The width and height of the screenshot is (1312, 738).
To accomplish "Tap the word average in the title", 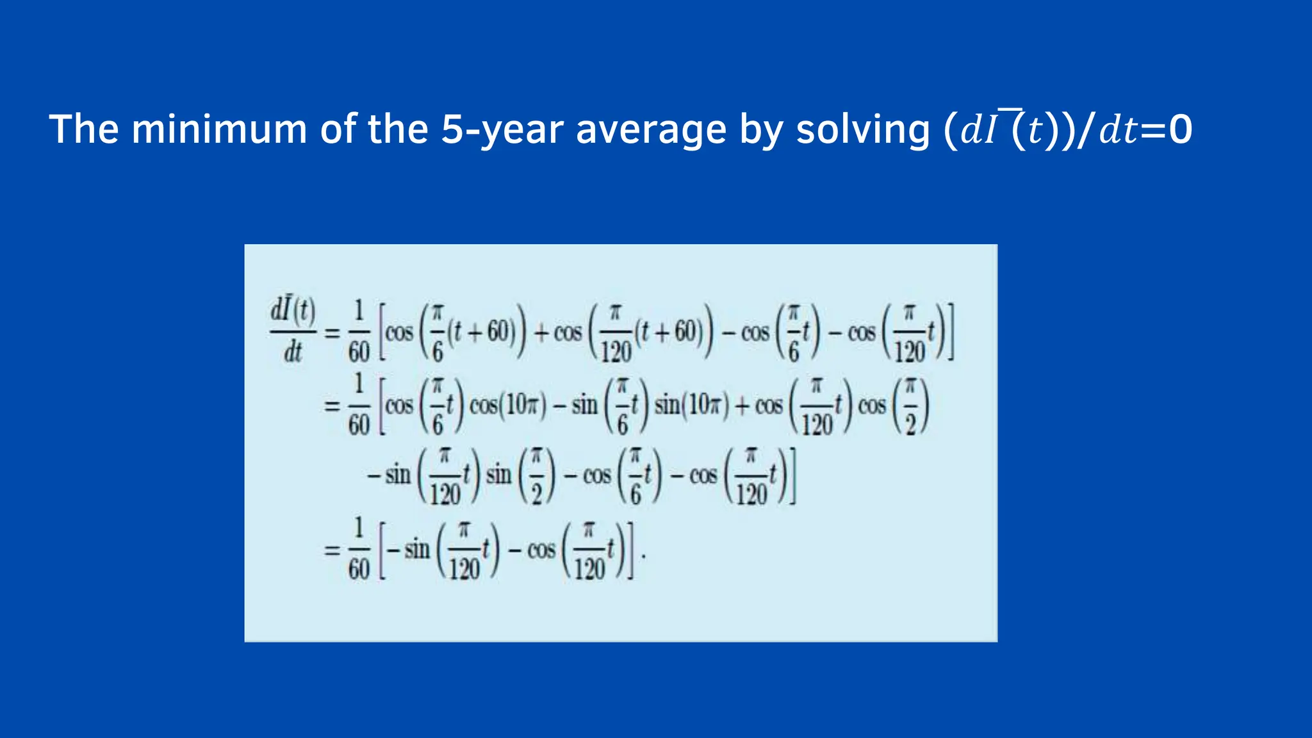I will tap(651, 129).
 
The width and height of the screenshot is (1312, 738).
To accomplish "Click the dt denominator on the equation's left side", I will tap(293, 352).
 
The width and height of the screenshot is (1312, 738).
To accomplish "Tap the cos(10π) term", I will tap(507, 406).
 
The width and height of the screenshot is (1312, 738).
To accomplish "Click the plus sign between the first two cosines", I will tap(541, 332).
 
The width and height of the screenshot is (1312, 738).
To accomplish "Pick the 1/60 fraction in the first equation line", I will tap(359, 332).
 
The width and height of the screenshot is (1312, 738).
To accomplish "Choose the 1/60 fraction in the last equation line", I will tap(359, 550).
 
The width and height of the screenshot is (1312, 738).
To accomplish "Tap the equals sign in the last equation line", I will tap(332, 550).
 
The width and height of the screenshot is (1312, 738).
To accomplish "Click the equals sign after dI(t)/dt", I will tap(332, 332).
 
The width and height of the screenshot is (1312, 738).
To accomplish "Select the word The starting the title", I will tap(83, 129).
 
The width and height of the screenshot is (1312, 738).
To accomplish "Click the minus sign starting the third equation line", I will tap(373, 476).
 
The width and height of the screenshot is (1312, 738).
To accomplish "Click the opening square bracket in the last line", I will tap(382, 550).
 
